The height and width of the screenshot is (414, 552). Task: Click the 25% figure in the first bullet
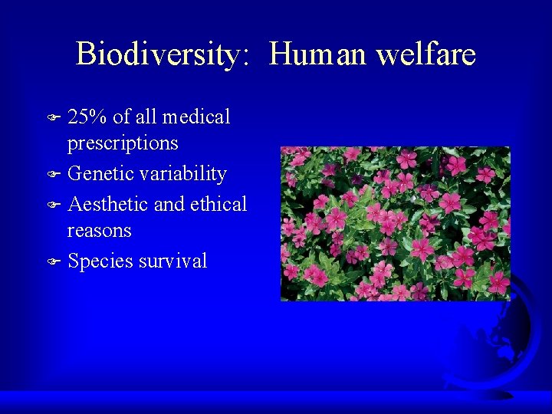tap(87, 117)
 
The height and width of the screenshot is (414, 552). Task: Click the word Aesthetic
tap(108, 205)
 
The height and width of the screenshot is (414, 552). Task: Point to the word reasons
tap(100, 231)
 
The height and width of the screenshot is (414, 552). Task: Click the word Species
tap(100, 261)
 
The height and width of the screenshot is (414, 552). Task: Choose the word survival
tap(172, 261)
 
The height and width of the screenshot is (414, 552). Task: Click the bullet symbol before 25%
tap(53, 118)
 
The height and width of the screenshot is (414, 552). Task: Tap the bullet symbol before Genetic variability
tap(53, 175)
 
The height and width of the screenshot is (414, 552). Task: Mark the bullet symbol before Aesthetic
tap(53, 205)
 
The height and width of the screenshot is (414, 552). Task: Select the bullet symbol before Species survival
tap(53, 262)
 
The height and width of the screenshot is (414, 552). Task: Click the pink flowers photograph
tap(395, 223)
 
